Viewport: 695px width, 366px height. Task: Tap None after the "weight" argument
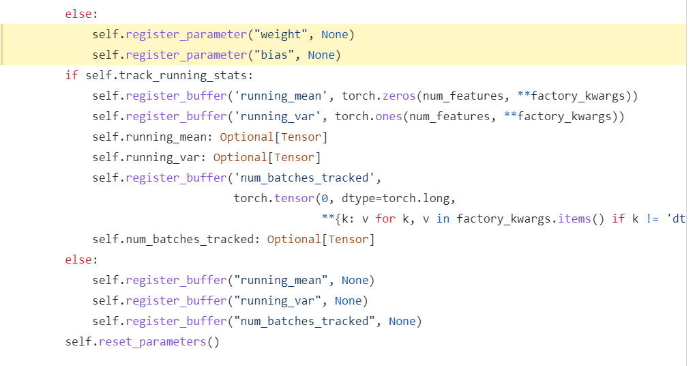pos(334,34)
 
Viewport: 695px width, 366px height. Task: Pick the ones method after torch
pos(388,116)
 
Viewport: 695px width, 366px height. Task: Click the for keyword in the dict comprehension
pos(385,219)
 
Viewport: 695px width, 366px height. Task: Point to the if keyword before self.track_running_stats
pos(72,75)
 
